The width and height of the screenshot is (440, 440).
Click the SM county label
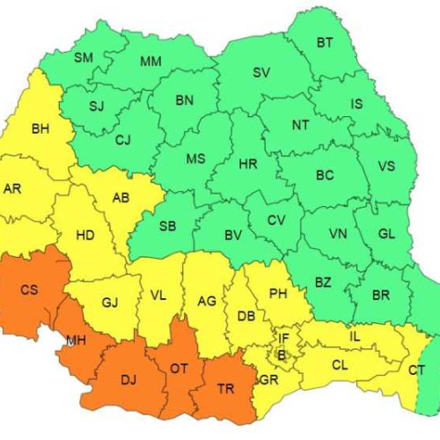coord(84,58)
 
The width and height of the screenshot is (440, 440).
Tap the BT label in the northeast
coord(325,42)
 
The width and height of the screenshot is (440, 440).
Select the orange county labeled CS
coord(29,290)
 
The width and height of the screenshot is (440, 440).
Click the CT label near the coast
coord(415,370)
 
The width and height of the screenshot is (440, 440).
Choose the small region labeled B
coord(282,354)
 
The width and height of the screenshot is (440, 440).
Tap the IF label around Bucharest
coord(283,337)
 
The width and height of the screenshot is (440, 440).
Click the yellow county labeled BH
coord(40,129)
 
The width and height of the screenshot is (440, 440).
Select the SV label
coord(261,73)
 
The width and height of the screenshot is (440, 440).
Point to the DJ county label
coord(128,380)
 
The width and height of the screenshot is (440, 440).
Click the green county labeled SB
coord(167,226)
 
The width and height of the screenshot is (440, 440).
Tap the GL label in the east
coord(386,234)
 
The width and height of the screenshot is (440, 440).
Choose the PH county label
coord(278,293)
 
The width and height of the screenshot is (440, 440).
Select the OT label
coord(179,368)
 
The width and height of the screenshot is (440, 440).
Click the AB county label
coord(121,198)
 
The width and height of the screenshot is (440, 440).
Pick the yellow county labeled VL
coord(158,296)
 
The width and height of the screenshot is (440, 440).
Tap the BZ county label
coord(323,282)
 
